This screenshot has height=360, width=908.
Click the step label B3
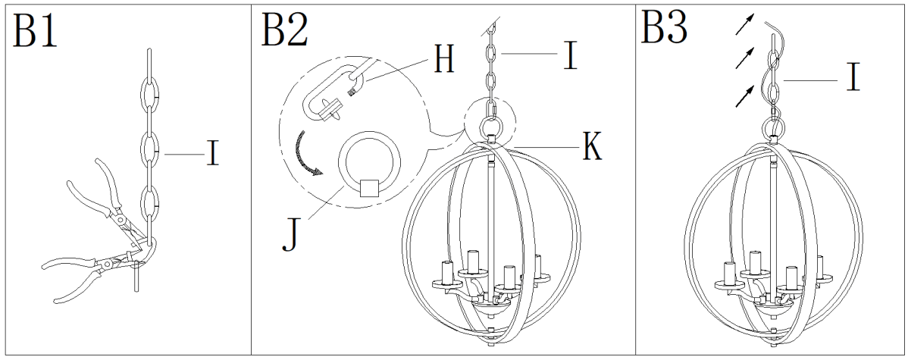[665, 29]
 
